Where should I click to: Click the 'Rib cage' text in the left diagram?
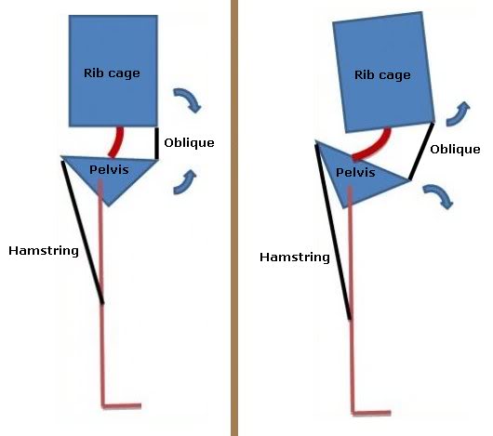point(112,73)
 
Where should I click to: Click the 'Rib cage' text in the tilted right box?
point(382,75)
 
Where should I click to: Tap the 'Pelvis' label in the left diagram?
point(109,169)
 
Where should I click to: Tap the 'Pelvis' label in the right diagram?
point(355,172)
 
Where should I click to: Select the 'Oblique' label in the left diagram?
point(189,142)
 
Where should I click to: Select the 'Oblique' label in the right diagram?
point(455,150)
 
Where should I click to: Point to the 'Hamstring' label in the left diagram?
point(44,251)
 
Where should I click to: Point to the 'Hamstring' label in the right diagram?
point(295,258)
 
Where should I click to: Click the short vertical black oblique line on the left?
point(156,143)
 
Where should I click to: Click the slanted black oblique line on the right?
point(421,152)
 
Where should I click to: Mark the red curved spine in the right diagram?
point(374,146)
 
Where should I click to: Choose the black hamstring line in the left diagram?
point(83,232)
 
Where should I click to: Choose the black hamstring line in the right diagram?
point(333,231)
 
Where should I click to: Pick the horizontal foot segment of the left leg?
point(122,406)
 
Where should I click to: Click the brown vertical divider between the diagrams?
point(234,218)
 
